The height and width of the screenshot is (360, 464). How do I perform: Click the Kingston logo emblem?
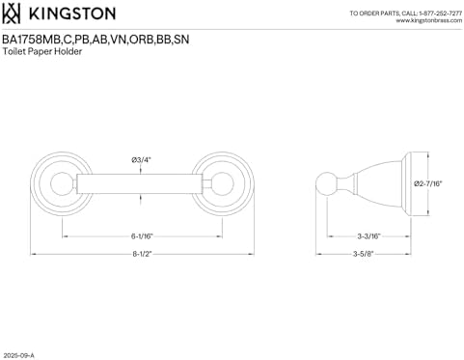[12, 14]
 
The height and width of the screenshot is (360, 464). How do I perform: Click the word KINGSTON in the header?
[72, 14]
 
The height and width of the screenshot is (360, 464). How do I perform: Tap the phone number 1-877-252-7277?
[441, 14]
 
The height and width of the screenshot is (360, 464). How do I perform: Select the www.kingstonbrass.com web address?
[429, 20]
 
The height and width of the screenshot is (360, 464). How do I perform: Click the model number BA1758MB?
[32, 40]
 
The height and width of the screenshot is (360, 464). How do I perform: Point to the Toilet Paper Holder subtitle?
[42, 51]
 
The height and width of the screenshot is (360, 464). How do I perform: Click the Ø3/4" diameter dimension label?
[141, 159]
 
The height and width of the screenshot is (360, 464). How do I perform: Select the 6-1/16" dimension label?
[142, 236]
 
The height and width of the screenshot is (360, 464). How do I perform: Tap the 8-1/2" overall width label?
[142, 254]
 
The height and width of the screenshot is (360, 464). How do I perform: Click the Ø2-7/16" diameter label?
[428, 183]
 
